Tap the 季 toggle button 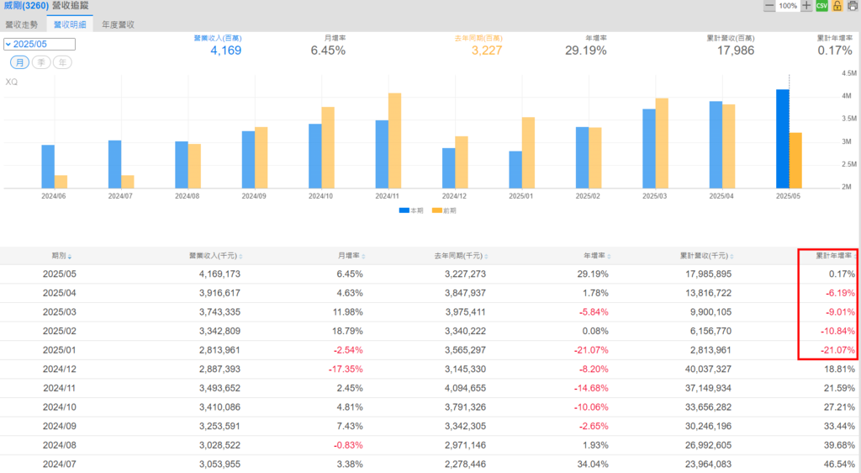41,62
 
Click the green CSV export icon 822,6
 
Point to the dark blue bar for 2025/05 783,138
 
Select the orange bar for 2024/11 394,140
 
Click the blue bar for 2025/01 515,169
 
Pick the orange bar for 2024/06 61,181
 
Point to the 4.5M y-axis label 848,73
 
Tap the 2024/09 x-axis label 255,195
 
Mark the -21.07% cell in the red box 837,350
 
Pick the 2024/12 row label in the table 59,369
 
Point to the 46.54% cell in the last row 838,464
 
